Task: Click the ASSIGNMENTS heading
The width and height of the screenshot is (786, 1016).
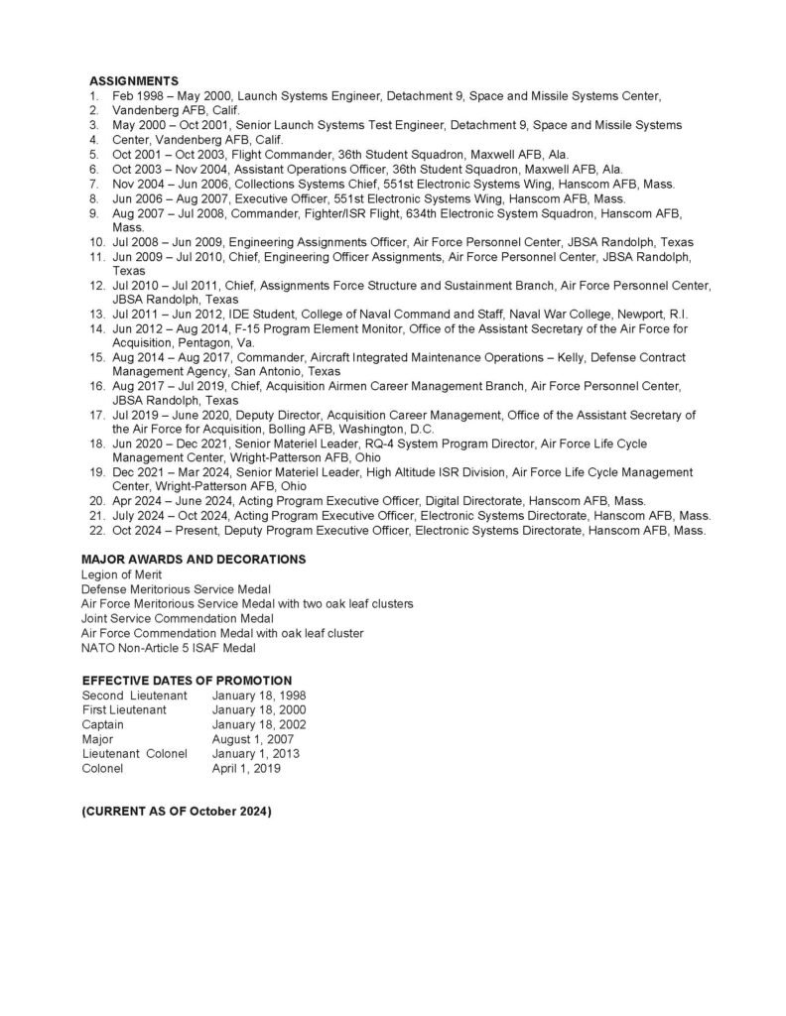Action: point(134,80)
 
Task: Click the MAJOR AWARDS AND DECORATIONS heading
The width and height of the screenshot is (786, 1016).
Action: point(194,560)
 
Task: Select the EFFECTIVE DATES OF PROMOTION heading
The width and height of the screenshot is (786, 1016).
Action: point(187,681)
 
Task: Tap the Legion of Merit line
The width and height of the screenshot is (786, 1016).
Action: point(122,574)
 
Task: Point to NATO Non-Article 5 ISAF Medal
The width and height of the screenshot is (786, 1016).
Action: point(168,648)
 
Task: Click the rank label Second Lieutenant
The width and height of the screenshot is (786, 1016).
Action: point(134,696)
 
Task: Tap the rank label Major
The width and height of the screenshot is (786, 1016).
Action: point(98,739)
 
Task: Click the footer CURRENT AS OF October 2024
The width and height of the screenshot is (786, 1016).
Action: point(176,812)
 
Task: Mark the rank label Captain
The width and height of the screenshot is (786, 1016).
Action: point(103,724)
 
